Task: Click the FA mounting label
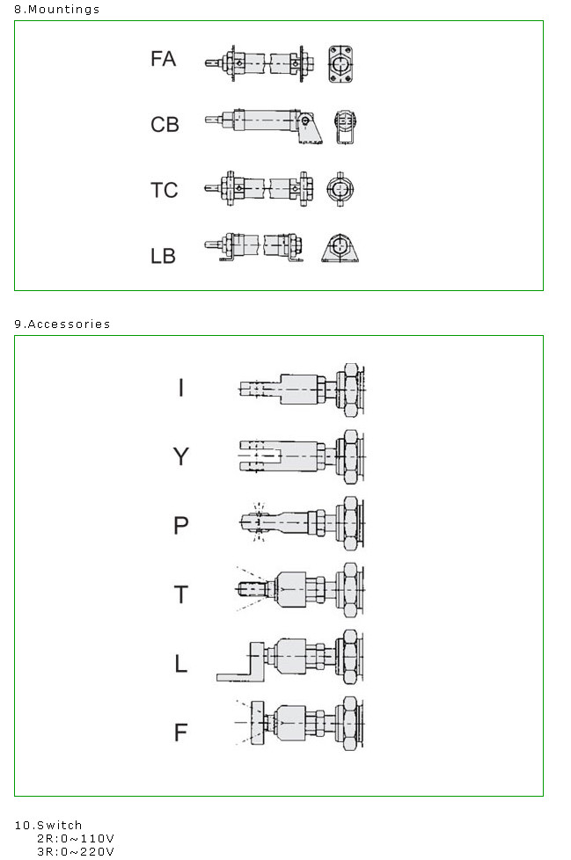point(163,59)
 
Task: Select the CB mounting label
point(165,125)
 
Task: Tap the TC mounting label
point(164,190)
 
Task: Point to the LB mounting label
point(163,256)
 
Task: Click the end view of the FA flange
point(340,64)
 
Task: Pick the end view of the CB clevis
point(345,128)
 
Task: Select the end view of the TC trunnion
point(340,189)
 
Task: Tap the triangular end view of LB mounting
point(340,249)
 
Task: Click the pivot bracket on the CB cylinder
point(310,128)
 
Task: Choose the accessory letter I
point(181,388)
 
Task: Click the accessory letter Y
point(181,456)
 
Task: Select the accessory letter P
point(181,526)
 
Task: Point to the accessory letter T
point(181,594)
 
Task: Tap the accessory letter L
point(181,664)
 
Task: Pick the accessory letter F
point(181,732)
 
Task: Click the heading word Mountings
point(63,10)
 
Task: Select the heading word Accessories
point(70,324)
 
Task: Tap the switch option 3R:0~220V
point(76,852)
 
